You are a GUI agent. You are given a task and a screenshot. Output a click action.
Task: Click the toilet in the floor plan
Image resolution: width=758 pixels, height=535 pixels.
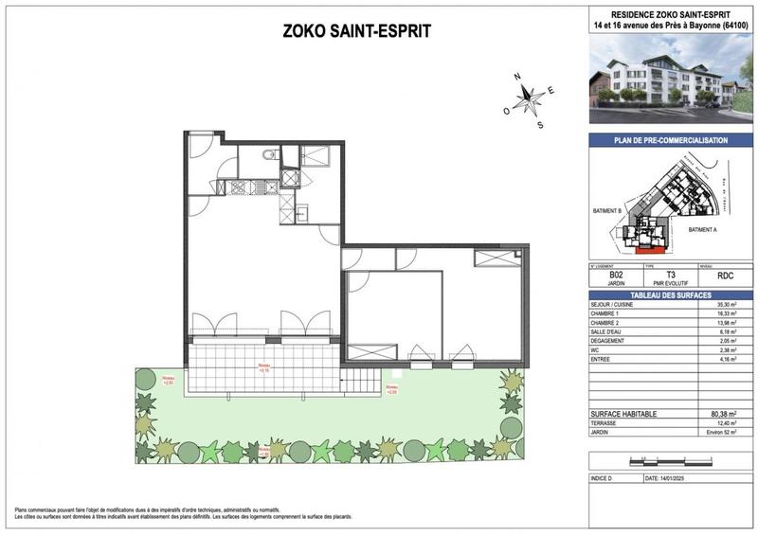pyautogui.click(x=269, y=156)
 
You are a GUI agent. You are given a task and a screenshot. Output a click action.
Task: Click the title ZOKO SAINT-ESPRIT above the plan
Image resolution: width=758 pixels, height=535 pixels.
pyautogui.click(x=357, y=31)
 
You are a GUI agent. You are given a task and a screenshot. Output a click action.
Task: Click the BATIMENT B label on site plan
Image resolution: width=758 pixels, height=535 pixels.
pyautogui.click(x=605, y=211)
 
